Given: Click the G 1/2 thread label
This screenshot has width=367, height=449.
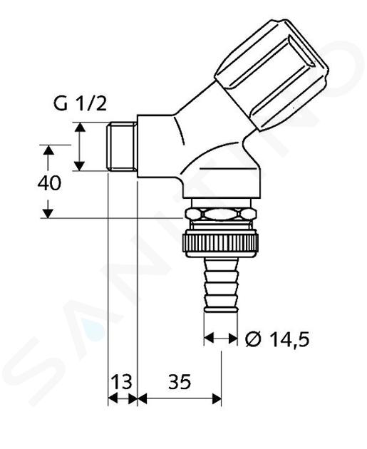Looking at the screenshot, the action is [x=80, y=104].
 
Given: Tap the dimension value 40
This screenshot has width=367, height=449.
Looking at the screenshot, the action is [x=49, y=183].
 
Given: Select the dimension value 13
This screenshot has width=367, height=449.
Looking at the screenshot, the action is [x=122, y=381].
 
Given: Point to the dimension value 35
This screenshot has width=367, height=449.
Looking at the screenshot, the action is [x=180, y=381].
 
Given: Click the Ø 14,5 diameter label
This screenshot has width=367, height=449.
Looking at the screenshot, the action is [x=277, y=339].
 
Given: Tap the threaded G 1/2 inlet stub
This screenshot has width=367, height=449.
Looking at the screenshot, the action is [x=122, y=147].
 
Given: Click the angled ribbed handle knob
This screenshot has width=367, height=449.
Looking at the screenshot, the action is [x=272, y=75].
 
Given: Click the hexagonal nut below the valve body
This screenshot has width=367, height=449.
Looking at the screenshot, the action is [x=221, y=215].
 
